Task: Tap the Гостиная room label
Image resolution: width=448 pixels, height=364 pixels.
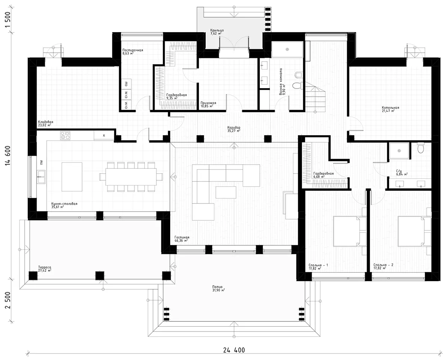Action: [x=182, y=237]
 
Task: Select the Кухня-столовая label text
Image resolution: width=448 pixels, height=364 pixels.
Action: [x=65, y=204]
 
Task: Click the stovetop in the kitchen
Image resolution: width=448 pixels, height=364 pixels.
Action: [x=65, y=136]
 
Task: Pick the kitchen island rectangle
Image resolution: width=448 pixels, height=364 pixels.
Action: [x=72, y=177]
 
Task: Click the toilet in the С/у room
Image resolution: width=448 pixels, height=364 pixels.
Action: [x=420, y=149]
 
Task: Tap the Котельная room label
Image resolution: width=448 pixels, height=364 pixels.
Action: [x=390, y=108]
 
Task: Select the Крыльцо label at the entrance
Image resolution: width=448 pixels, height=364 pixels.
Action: [x=216, y=29]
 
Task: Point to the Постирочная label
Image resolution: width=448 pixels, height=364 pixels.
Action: [x=133, y=50]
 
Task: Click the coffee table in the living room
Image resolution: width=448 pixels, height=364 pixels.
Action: [x=226, y=192]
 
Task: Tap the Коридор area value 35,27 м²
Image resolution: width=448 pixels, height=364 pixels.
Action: [x=233, y=131]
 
